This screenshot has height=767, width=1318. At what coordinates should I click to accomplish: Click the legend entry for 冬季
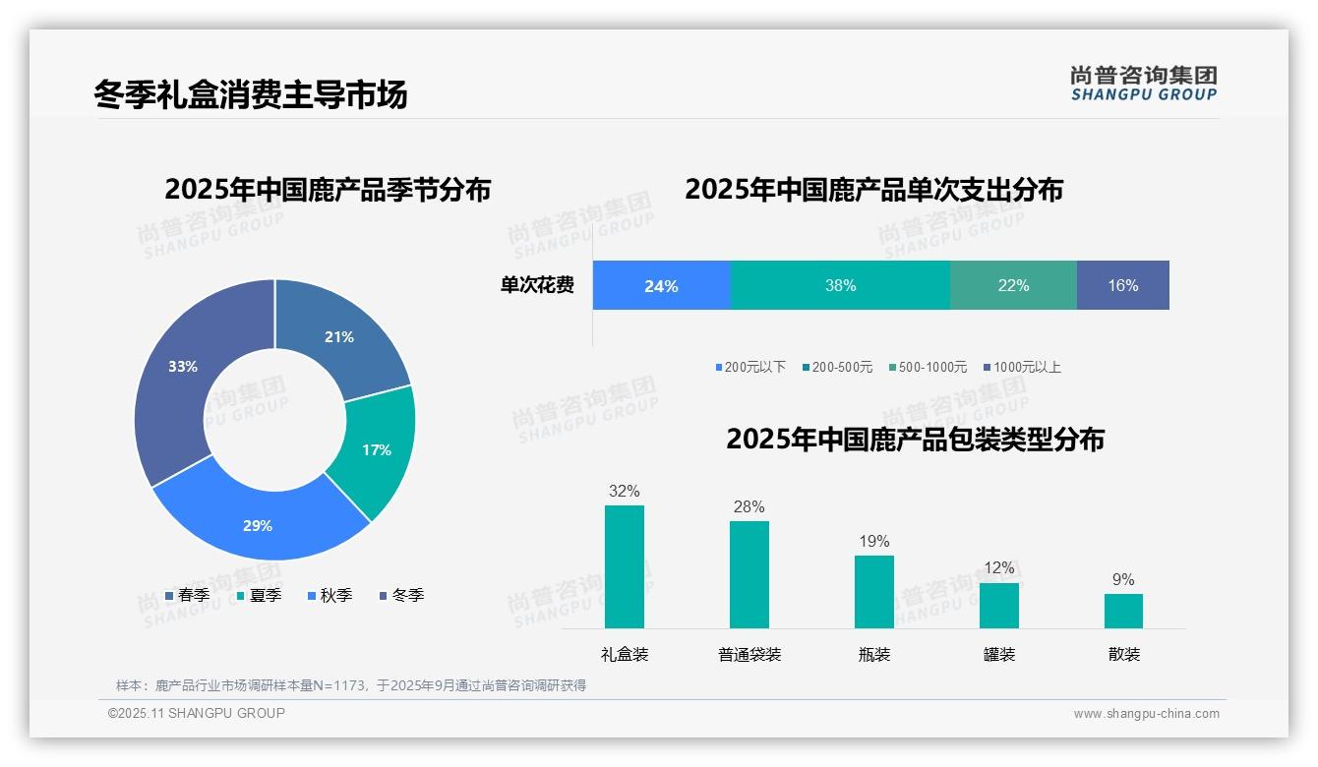[401, 595]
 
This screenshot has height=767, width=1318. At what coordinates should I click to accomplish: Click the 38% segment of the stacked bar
[840, 285]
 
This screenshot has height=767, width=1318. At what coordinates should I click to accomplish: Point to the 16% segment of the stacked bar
[1122, 285]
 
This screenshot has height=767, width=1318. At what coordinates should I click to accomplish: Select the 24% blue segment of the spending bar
[661, 285]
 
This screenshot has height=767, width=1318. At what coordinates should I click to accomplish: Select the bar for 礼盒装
[624, 566]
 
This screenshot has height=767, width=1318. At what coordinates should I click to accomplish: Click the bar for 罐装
[998, 605]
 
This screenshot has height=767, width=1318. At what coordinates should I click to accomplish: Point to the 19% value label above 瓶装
[873, 541]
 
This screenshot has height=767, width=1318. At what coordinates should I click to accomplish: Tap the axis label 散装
[1123, 654]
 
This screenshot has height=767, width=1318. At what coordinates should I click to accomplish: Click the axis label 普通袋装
[749, 654]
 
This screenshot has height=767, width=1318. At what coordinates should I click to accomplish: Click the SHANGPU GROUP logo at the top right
[1143, 84]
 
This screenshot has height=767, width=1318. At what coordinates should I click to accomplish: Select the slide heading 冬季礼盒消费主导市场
[250, 94]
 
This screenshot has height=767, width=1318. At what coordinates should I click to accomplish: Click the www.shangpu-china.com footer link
[1146, 714]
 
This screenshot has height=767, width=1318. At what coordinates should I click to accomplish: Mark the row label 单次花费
[537, 285]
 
